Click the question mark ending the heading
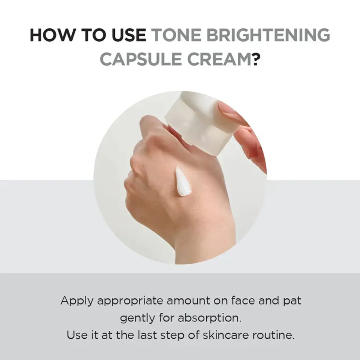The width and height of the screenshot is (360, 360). pos(256,59)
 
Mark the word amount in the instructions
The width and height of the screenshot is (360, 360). pos(184,301)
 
